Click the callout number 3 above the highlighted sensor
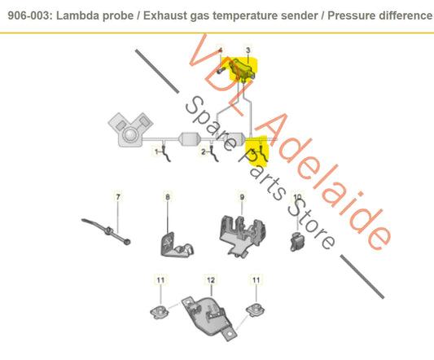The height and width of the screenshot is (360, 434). tap(248, 50)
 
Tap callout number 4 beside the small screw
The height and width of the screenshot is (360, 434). tap(220, 51)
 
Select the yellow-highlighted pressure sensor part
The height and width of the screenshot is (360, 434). tap(242, 71)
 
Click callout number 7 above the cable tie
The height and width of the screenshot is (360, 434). tap(117, 197)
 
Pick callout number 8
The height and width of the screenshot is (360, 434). tap(169, 197)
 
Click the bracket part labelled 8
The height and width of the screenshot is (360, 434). tap(173, 237)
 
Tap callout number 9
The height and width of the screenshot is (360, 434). tap(241, 197)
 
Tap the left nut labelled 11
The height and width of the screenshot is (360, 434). tap(159, 310)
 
